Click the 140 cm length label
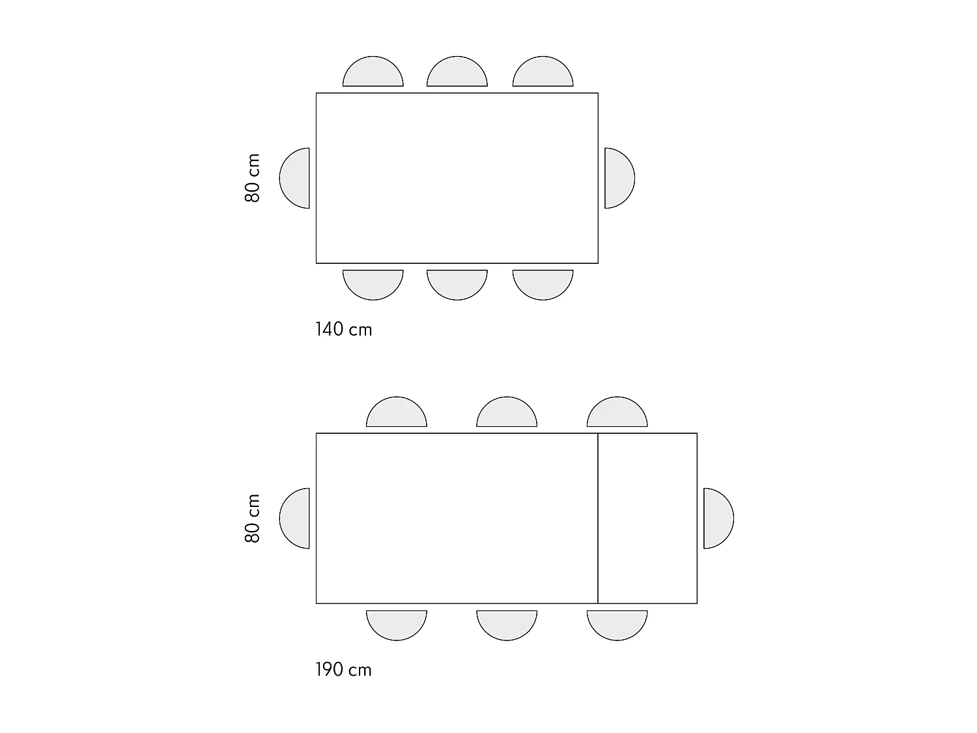(x=344, y=330)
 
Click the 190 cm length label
(x=344, y=670)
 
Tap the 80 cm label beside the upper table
(x=252, y=178)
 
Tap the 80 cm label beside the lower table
(x=252, y=518)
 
